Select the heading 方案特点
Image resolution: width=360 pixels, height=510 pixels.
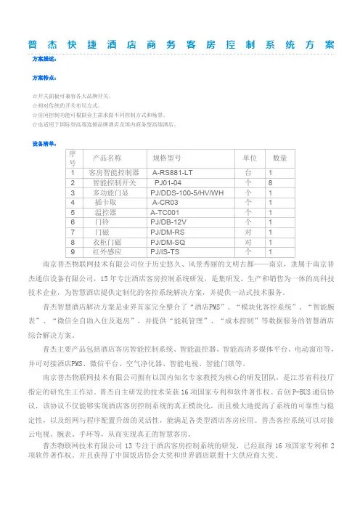point(38,75)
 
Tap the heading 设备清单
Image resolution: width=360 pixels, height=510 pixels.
point(38,124)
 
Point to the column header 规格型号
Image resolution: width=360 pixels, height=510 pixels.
point(171,137)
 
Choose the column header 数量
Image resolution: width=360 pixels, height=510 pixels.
point(279,137)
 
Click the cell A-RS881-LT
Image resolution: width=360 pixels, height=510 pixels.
point(173,153)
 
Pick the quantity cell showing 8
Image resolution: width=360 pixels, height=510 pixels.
point(270,163)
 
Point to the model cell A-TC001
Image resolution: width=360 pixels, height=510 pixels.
point(169,193)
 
